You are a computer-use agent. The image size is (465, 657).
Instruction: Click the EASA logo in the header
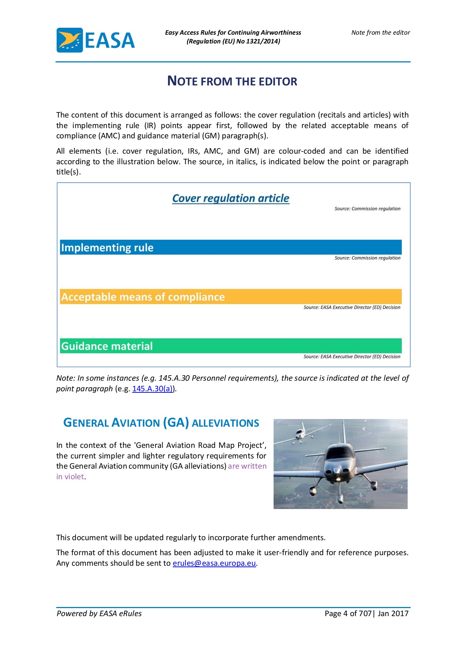pos(96,40)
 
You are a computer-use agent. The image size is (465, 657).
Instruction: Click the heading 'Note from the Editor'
pos(232,81)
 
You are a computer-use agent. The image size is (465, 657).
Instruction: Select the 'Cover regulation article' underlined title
pos(230,198)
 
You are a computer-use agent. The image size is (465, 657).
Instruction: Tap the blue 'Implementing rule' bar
pos(230,247)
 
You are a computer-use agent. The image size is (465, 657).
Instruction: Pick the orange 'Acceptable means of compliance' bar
pos(230,297)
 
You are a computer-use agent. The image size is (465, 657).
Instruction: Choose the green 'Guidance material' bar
pos(230,346)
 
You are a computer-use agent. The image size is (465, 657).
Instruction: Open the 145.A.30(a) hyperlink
pos(152,389)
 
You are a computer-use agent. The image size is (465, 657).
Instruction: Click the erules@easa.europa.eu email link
pos(214,563)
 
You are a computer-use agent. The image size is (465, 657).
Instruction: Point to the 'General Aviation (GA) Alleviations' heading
pos(161,423)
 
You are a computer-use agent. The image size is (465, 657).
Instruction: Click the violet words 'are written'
pos(247,466)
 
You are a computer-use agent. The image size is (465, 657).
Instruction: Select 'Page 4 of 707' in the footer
pos(348,614)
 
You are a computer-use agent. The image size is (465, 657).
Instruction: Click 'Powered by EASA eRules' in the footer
pos(99,614)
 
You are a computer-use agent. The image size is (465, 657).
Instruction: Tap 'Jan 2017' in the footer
pos(393,614)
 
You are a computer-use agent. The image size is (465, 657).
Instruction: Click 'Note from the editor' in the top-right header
pos(381,32)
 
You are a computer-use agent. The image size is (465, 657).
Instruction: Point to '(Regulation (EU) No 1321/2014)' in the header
pos(233,41)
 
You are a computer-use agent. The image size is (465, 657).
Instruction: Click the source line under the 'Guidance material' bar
pos(352,357)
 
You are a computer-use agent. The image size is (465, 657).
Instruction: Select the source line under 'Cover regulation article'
pos(367,209)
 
